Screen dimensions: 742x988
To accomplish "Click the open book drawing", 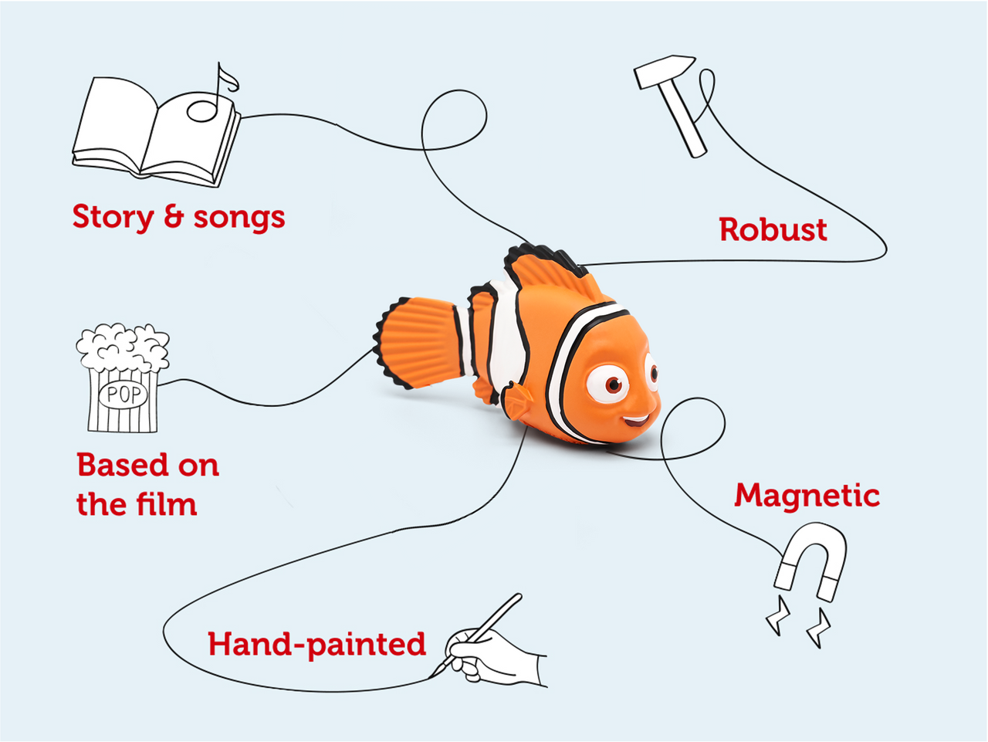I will pyautogui.click(x=154, y=131).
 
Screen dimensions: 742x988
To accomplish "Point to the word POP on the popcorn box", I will pyautogui.click(x=123, y=395).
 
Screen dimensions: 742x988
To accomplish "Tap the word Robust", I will pyautogui.click(x=773, y=230).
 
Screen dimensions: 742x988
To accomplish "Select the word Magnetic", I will pyautogui.click(x=807, y=496).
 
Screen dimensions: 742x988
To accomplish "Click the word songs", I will pyautogui.click(x=239, y=219).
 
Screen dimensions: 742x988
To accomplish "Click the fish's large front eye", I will pyautogui.click(x=610, y=383).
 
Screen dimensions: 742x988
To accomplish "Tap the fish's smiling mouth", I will pyautogui.click(x=637, y=421).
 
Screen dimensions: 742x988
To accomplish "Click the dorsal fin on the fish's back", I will pyautogui.click(x=548, y=266).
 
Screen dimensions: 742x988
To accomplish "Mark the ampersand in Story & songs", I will pyautogui.click(x=174, y=217).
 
